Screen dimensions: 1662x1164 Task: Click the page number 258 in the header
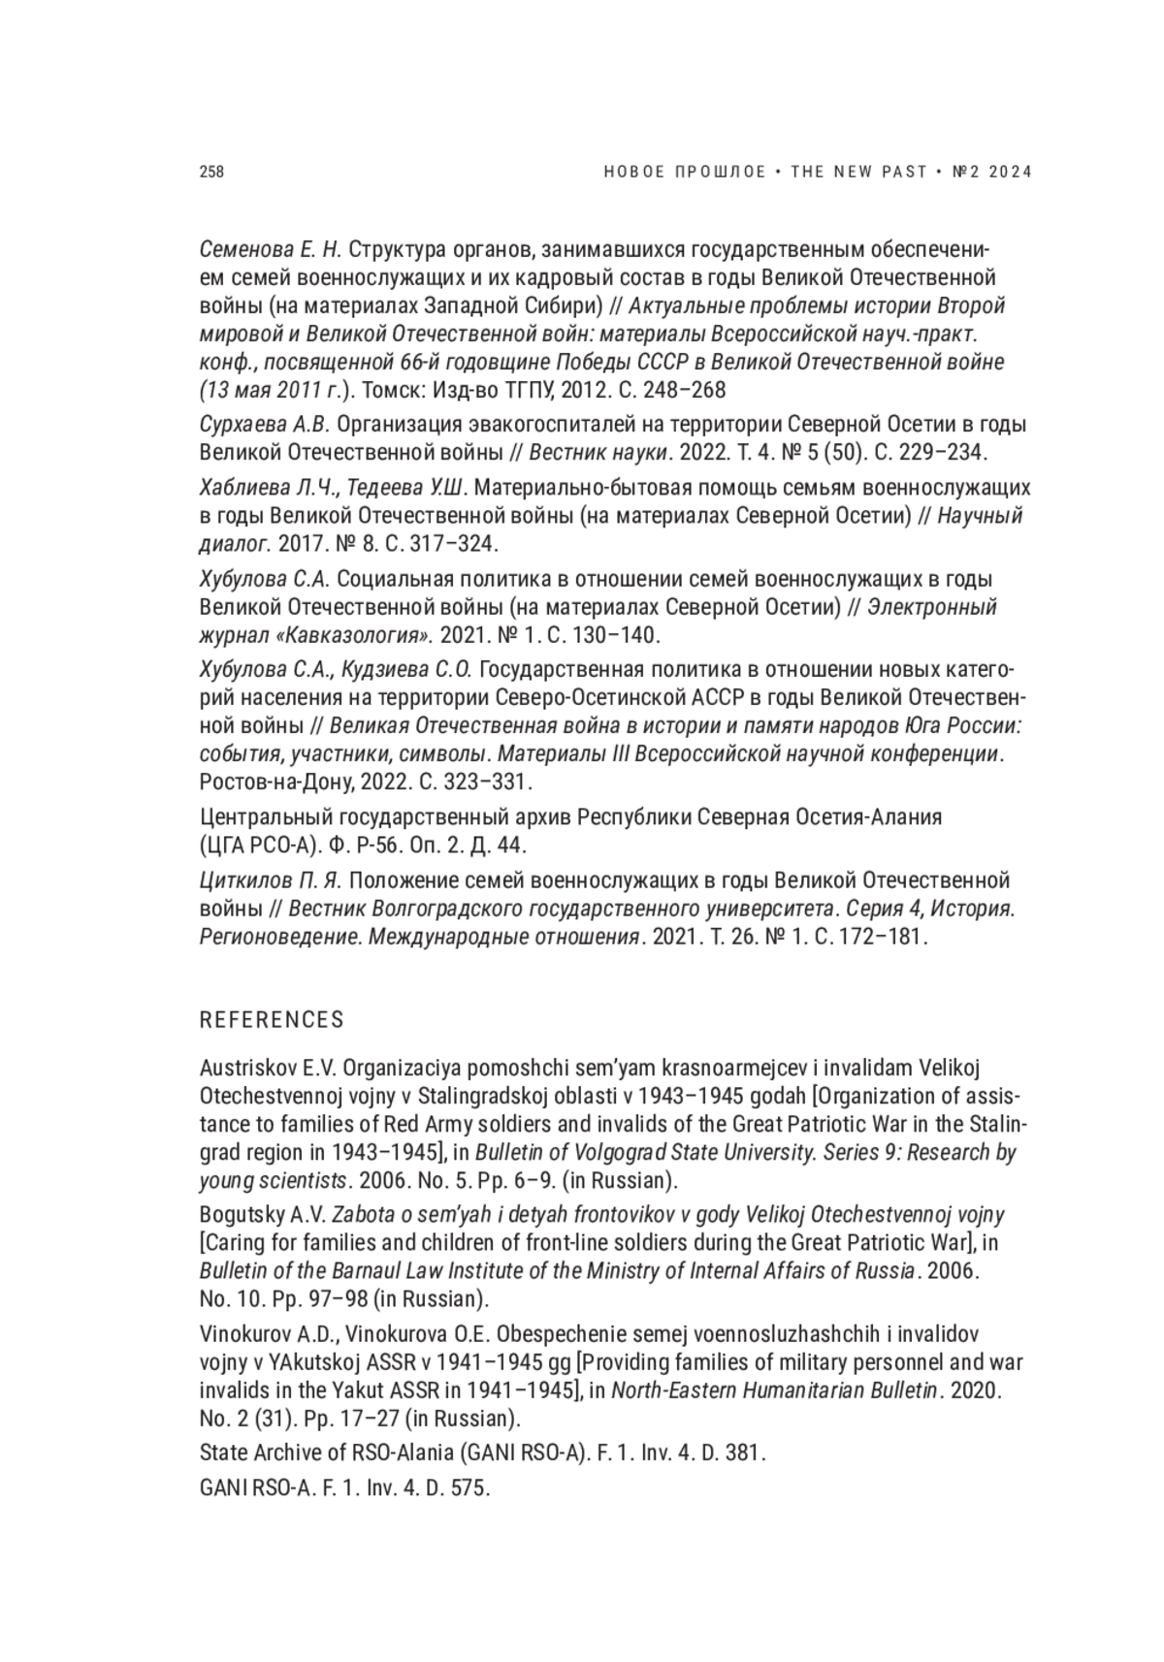(211, 172)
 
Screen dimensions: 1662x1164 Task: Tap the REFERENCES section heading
(272, 1020)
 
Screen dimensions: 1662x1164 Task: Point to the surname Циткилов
(242, 880)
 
